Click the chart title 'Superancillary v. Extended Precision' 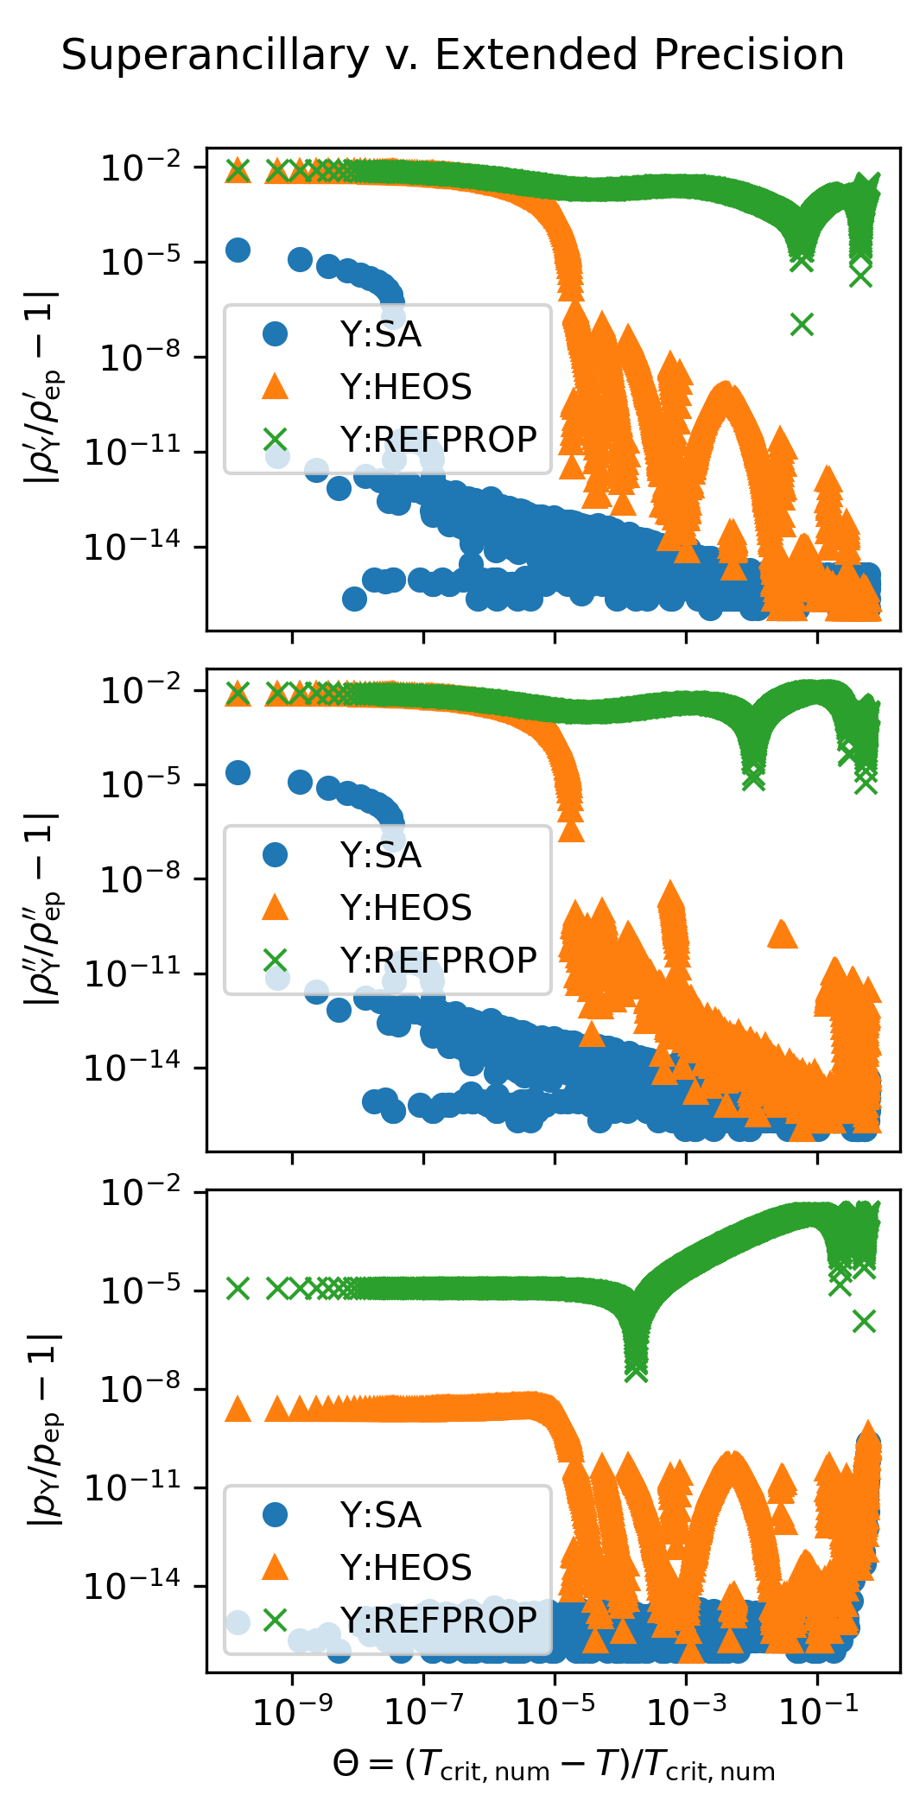point(453,55)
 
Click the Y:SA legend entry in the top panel point(380,334)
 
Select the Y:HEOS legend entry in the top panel point(405,387)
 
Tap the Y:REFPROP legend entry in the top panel point(438,440)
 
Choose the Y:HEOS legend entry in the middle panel point(405,908)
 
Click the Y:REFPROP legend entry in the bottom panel point(438,1621)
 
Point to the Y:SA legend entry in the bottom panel point(380,1515)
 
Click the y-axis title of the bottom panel point(45,1430)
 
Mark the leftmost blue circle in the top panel point(238,251)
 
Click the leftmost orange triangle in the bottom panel point(238,1410)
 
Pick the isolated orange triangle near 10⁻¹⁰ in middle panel point(783,934)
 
